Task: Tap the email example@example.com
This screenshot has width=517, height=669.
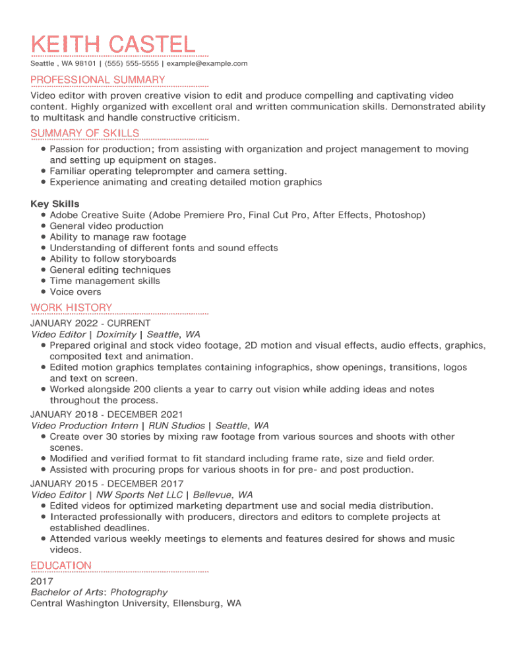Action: [x=207, y=63]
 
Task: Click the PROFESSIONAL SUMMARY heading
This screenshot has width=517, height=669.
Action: [x=98, y=80]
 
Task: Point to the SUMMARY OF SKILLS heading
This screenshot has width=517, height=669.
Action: [x=84, y=133]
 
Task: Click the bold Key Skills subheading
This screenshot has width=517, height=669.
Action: [x=55, y=204]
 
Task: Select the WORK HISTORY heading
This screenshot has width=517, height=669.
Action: [x=71, y=307]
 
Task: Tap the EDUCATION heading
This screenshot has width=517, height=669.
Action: [x=61, y=566]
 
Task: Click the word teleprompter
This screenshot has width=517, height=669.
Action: [x=164, y=171]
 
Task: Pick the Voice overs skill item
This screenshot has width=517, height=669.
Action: [x=75, y=292]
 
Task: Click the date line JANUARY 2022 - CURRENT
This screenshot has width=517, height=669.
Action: [x=90, y=324]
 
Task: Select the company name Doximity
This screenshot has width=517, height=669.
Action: [x=116, y=335]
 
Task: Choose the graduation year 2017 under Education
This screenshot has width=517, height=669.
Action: [x=42, y=581]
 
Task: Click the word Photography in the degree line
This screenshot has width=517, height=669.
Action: [x=138, y=593]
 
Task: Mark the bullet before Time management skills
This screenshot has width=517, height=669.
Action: [x=43, y=281]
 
